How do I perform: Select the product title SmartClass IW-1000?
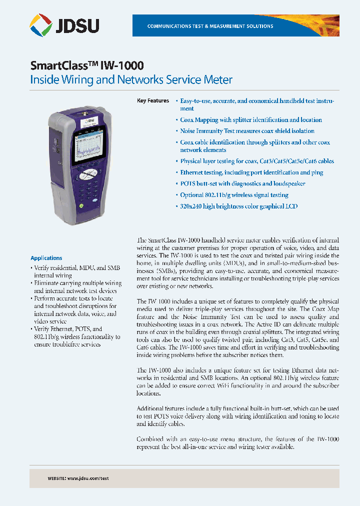point(87,65)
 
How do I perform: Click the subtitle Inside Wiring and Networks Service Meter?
point(131,79)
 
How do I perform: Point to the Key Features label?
point(153,100)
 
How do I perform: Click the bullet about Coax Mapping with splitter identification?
point(250,120)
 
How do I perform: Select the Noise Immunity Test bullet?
point(254,131)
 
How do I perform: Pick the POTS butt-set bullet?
point(242,183)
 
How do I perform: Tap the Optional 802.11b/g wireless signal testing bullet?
point(234,195)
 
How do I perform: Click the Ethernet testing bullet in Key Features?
point(251,172)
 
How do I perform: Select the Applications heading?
point(46,258)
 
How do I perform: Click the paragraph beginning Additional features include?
point(237,416)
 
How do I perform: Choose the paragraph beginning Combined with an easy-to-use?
point(237,442)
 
